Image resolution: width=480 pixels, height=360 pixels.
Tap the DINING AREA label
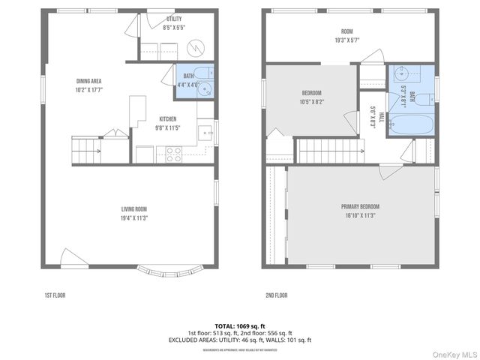[x=88, y=81]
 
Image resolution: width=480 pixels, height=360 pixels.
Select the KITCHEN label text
[x=168, y=119]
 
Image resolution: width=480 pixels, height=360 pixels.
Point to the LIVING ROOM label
[x=134, y=209]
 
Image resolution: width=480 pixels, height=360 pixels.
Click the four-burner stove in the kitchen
[x=174, y=154]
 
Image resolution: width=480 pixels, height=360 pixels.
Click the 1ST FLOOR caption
[x=55, y=295]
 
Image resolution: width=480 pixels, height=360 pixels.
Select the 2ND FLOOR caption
[x=276, y=295]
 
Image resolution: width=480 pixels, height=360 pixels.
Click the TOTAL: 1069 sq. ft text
[x=239, y=326]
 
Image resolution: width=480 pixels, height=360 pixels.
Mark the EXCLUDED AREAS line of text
[x=239, y=340]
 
